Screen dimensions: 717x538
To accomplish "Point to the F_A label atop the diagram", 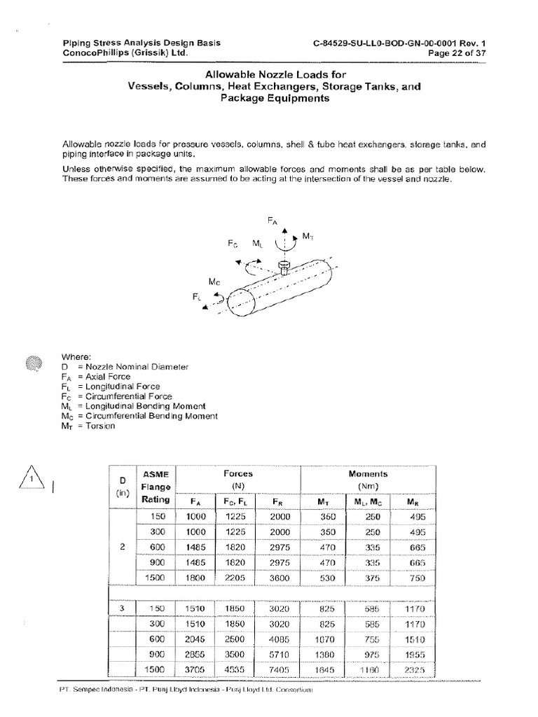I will tap(273, 220).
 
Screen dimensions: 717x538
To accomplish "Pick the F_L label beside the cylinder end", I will tap(197, 298).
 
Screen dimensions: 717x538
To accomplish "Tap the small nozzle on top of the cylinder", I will tap(284, 266).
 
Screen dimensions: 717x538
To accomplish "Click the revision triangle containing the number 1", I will tap(32, 480).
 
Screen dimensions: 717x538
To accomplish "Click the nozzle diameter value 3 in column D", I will tap(122, 608).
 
